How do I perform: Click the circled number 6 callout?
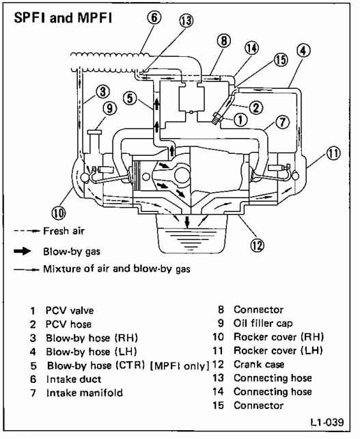[x=154, y=17]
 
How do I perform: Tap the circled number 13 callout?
[x=186, y=21]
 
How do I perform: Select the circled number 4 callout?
[x=303, y=51]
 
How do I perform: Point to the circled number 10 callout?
[x=59, y=213]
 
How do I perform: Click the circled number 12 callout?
[x=257, y=245]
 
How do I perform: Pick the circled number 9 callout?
[x=110, y=108]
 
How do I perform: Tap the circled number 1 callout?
[x=240, y=120]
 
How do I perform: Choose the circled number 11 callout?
[x=333, y=153]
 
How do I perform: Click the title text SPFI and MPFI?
[x=63, y=18]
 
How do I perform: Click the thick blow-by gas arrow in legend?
[x=23, y=251]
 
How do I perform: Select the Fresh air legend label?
[x=64, y=231]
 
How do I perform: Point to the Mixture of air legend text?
[x=117, y=269]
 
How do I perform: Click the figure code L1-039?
[x=327, y=422]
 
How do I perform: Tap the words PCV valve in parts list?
[x=70, y=310]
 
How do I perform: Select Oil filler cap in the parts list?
[x=263, y=323]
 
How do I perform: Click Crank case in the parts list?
[x=259, y=364]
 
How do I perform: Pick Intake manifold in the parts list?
[x=85, y=393]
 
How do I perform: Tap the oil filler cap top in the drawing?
[x=94, y=132]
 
